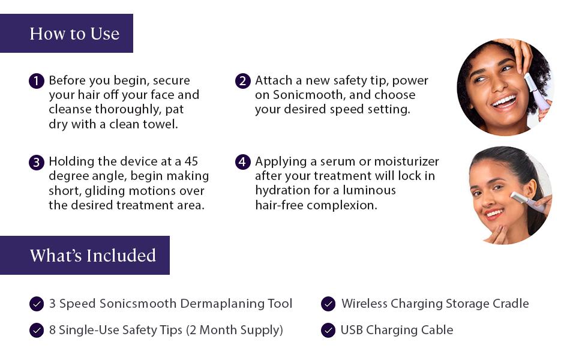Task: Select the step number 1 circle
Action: tap(37, 81)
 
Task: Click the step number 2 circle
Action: tap(243, 81)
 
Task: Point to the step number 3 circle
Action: tap(37, 163)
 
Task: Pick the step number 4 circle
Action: tap(243, 162)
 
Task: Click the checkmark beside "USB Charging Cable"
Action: tap(328, 330)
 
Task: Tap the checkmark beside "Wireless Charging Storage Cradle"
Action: tap(328, 304)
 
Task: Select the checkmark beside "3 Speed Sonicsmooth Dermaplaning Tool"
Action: tap(37, 304)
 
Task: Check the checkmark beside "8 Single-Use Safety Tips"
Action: tap(37, 330)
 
